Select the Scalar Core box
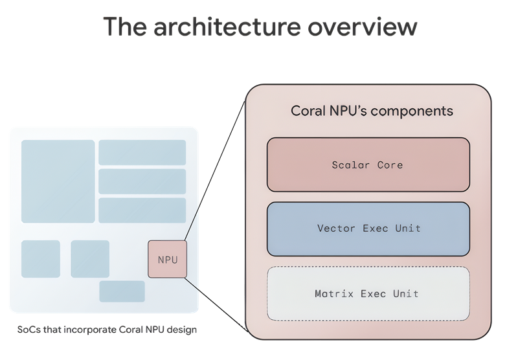click(x=368, y=164)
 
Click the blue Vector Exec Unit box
click(x=368, y=229)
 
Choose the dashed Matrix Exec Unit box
click(x=368, y=293)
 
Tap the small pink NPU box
click(x=167, y=260)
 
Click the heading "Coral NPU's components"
click(x=372, y=111)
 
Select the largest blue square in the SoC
click(x=58, y=172)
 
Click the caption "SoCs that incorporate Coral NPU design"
click(x=107, y=330)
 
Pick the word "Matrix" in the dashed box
click(x=334, y=293)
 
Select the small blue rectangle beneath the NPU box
click(x=122, y=291)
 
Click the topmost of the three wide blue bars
click(x=142, y=152)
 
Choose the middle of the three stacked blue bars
click(x=142, y=181)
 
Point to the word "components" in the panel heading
click(x=414, y=111)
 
